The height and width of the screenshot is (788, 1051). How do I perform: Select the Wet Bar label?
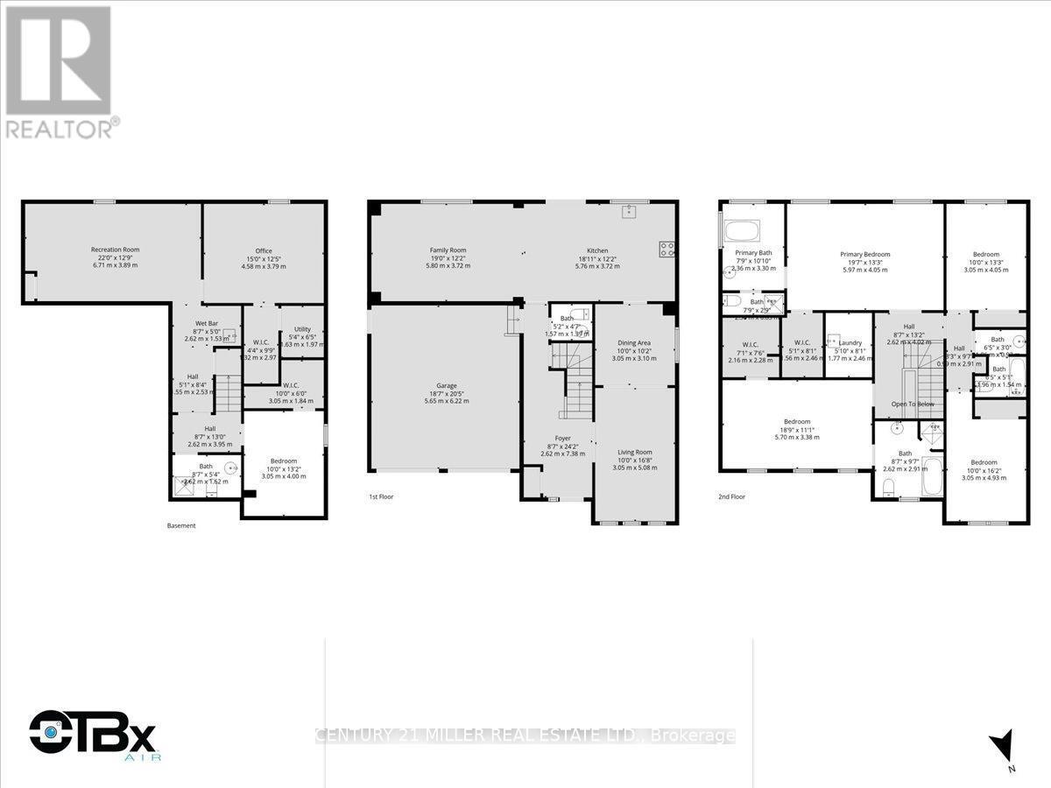coord(206,323)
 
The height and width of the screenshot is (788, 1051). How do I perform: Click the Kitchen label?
coord(597,250)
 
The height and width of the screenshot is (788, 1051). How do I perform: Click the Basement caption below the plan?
coord(181,525)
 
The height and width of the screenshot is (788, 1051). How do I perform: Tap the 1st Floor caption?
coord(381,496)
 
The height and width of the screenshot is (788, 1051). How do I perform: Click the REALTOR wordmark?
coord(60,128)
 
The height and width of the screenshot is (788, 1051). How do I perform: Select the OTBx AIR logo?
coord(94,734)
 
